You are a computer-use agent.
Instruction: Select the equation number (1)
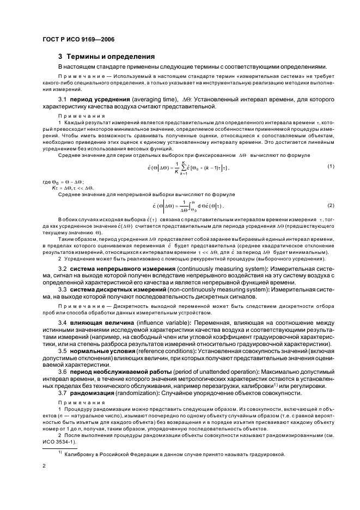[331, 166]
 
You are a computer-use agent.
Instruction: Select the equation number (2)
[331, 205]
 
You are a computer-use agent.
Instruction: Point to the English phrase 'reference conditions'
[160, 368]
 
